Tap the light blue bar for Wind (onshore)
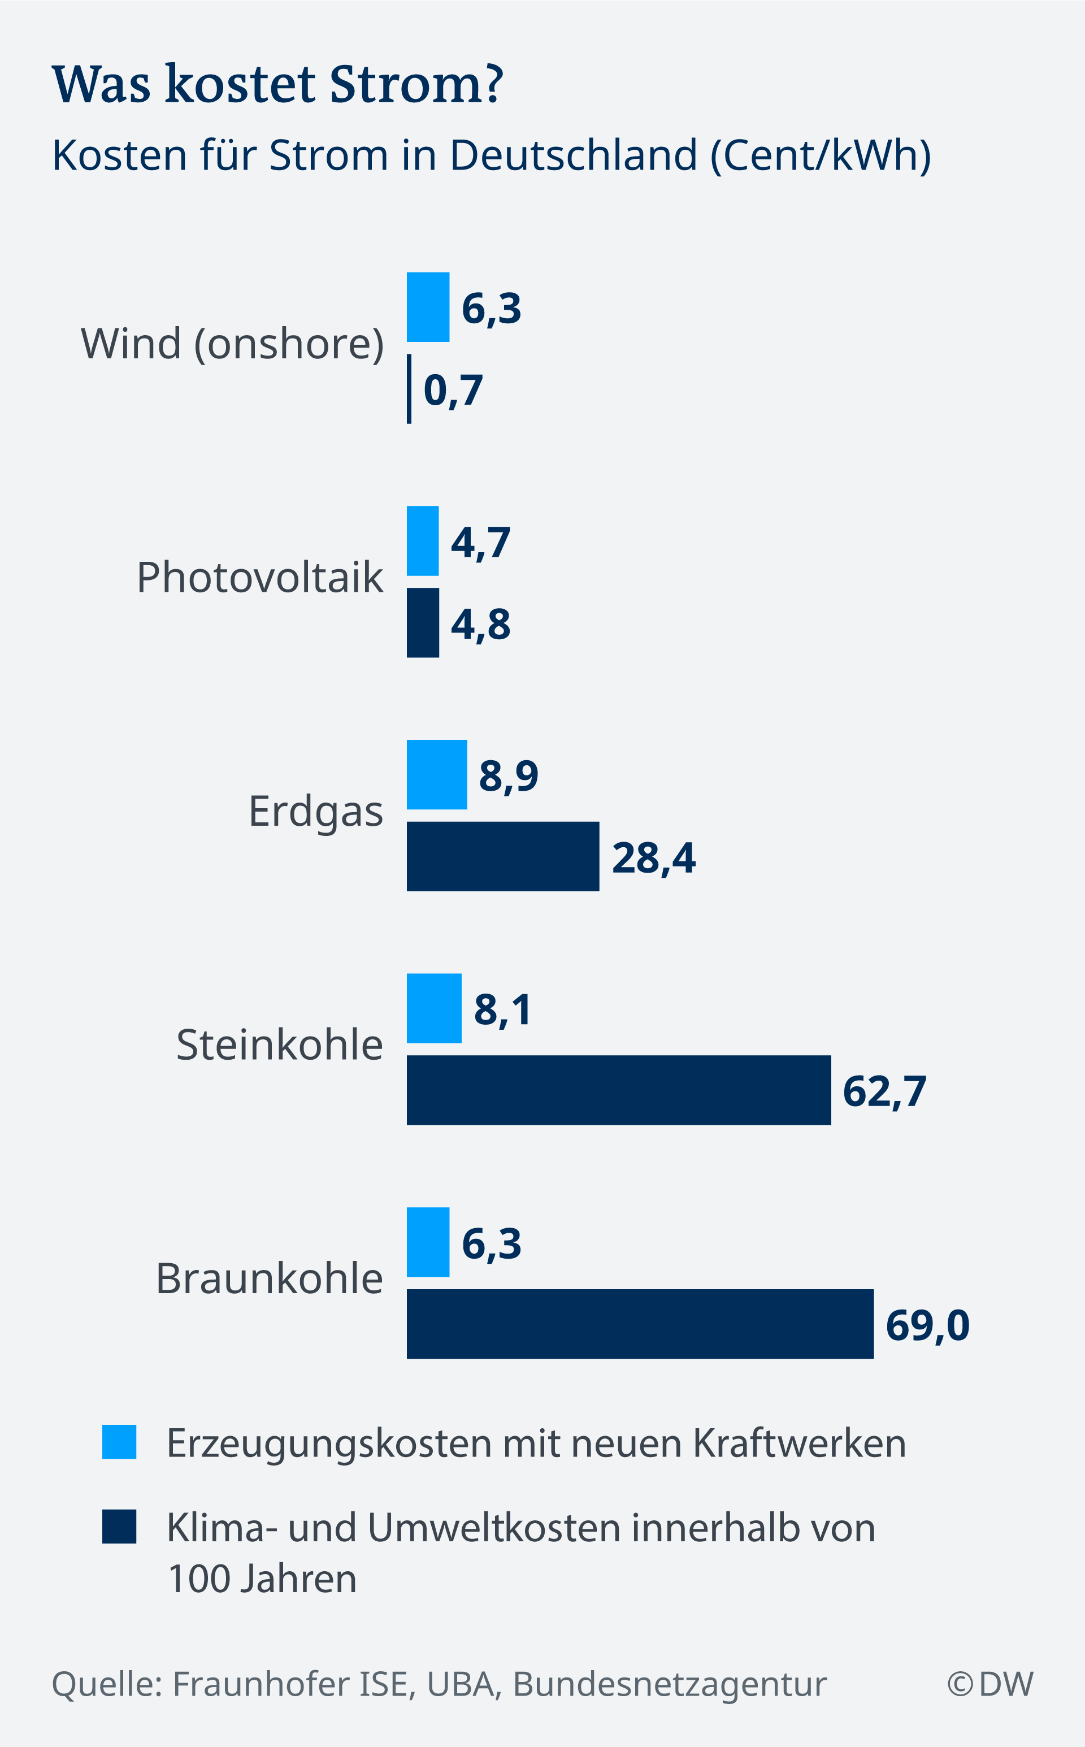(x=428, y=307)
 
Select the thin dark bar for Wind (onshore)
(x=409, y=388)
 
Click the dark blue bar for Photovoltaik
(x=423, y=622)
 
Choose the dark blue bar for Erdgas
(x=502, y=856)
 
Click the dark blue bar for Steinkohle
(x=619, y=1090)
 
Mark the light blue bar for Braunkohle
(x=428, y=1242)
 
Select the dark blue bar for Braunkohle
(x=640, y=1324)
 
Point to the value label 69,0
(x=927, y=1325)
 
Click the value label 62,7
(x=884, y=1092)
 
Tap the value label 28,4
(x=653, y=858)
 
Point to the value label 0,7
(x=453, y=391)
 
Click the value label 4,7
(x=480, y=543)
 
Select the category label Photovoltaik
(x=260, y=577)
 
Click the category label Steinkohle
(x=279, y=1044)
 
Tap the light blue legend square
(x=119, y=1441)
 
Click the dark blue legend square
(x=119, y=1527)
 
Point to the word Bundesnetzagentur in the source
(x=670, y=1684)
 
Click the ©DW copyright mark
(x=989, y=1684)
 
